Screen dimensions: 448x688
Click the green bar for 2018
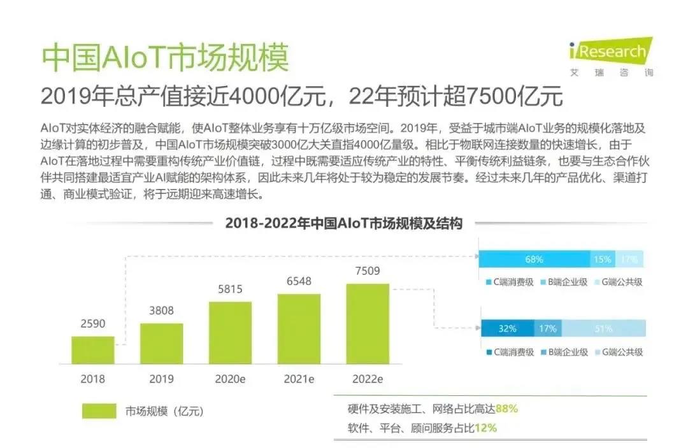click(x=92, y=349)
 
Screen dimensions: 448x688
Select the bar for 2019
click(x=161, y=343)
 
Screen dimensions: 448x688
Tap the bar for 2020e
click(x=230, y=332)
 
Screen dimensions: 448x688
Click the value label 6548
click(x=299, y=281)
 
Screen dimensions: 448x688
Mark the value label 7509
click(x=368, y=271)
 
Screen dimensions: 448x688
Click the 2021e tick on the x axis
click(x=299, y=379)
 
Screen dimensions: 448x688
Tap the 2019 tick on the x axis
click(x=161, y=379)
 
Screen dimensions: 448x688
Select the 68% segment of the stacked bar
click(x=534, y=259)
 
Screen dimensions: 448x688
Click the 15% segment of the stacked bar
click(x=602, y=259)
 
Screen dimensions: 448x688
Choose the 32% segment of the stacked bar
click(x=507, y=329)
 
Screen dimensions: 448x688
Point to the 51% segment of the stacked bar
click(x=603, y=329)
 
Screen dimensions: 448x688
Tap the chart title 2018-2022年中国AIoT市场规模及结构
click(x=343, y=223)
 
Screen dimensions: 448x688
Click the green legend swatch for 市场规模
click(x=99, y=411)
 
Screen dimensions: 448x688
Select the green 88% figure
click(x=506, y=408)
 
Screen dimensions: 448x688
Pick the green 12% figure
click(x=485, y=428)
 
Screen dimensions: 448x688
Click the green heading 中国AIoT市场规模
click(x=165, y=58)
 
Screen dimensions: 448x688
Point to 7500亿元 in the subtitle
click(x=515, y=97)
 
